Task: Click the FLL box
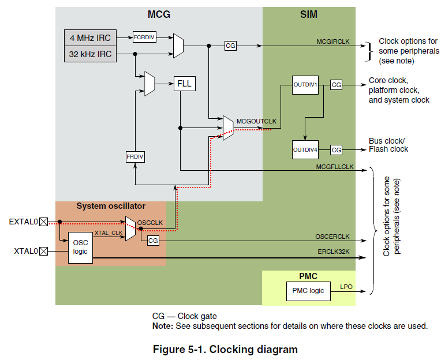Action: (x=184, y=84)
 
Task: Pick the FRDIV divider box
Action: (x=134, y=157)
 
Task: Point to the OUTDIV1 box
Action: (x=305, y=85)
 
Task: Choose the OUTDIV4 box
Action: (x=305, y=149)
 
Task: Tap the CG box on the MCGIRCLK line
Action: (x=230, y=45)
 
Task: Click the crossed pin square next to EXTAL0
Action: (x=43, y=221)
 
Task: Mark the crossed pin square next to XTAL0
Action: (x=43, y=251)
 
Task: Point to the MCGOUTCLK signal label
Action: (x=256, y=122)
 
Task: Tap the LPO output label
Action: (x=346, y=286)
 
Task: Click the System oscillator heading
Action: (x=111, y=206)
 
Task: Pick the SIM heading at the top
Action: (x=309, y=14)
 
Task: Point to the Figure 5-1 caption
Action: (x=225, y=349)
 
